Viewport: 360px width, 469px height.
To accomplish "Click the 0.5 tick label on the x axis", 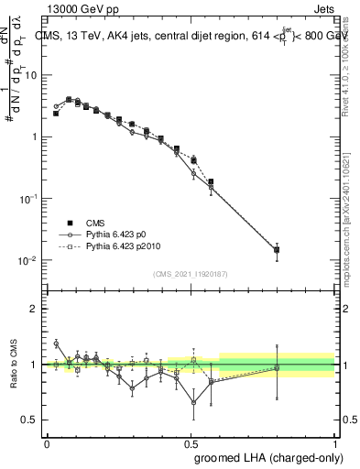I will coord(191,442).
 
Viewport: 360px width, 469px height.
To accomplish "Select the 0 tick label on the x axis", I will coord(47,442).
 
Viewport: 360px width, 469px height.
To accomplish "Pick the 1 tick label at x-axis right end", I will coord(335,442).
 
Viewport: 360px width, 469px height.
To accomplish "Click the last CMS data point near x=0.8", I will coord(277,249).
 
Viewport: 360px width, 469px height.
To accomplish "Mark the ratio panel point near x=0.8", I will coord(277,368).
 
